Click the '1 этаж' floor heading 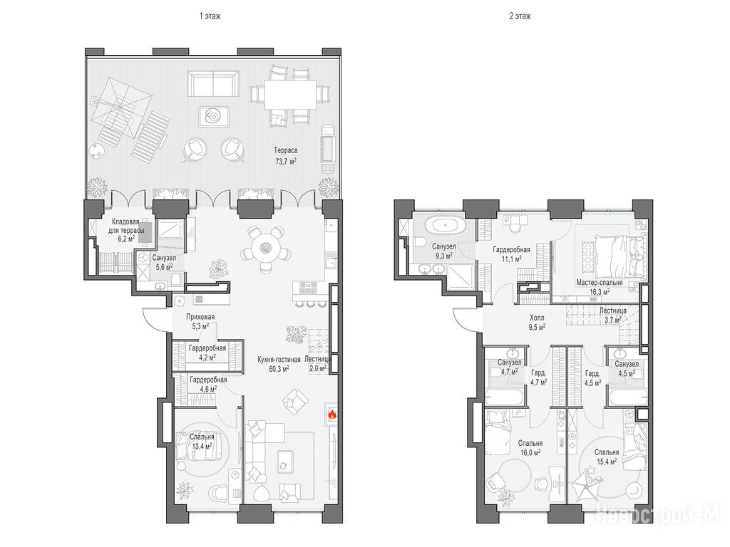pyautogui.click(x=210, y=16)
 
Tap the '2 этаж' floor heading pyautogui.click(x=520, y=16)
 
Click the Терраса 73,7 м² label pyautogui.click(x=285, y=156)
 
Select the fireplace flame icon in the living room pyautogui.click(x=332, y=414)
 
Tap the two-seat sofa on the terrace pyautogui.click(x=212, y=83)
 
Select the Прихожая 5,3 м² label pyautogui.click(x=200, y=321)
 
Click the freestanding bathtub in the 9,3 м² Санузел pyautogui.click(x=446, y=226)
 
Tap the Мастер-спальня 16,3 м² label pyautogui.click(x=599, y=287)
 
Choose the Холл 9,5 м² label pyautogui.click(x=537, y=323)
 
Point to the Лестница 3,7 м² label pyautogui.click(x=612, y=315)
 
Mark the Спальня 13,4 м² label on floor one pyautogui.click(x=202, y=442)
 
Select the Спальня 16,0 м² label pyautogui.click(x=530, y=447)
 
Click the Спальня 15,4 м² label pyautogui.click(x=607, y=457)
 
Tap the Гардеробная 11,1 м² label pyautogui.click(x=512, y=254)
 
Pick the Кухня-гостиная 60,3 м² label pyautogui.click(x=279, y=364)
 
